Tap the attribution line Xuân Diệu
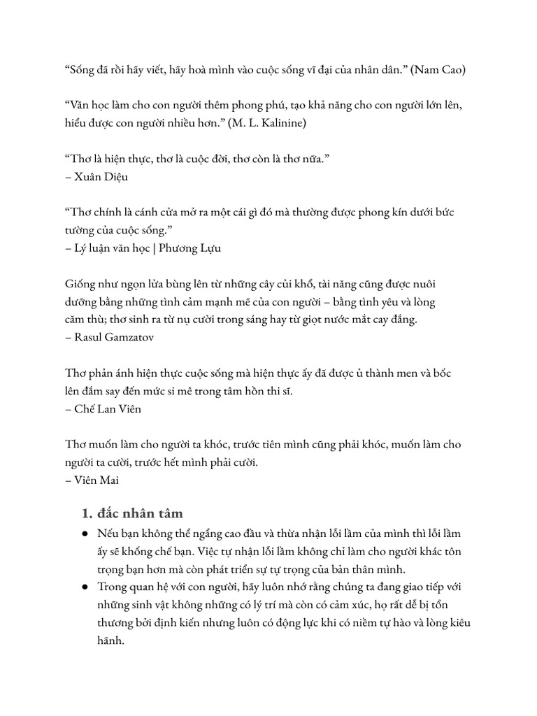coord(101,177)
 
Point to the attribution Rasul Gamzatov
coord(110,337)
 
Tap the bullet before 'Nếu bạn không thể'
coord(85,534)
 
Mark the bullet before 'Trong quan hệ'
coord(85,587)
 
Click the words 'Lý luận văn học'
coord(110,248)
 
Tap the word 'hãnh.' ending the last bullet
coord(110,640)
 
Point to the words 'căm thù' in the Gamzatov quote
coord(85,320)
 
